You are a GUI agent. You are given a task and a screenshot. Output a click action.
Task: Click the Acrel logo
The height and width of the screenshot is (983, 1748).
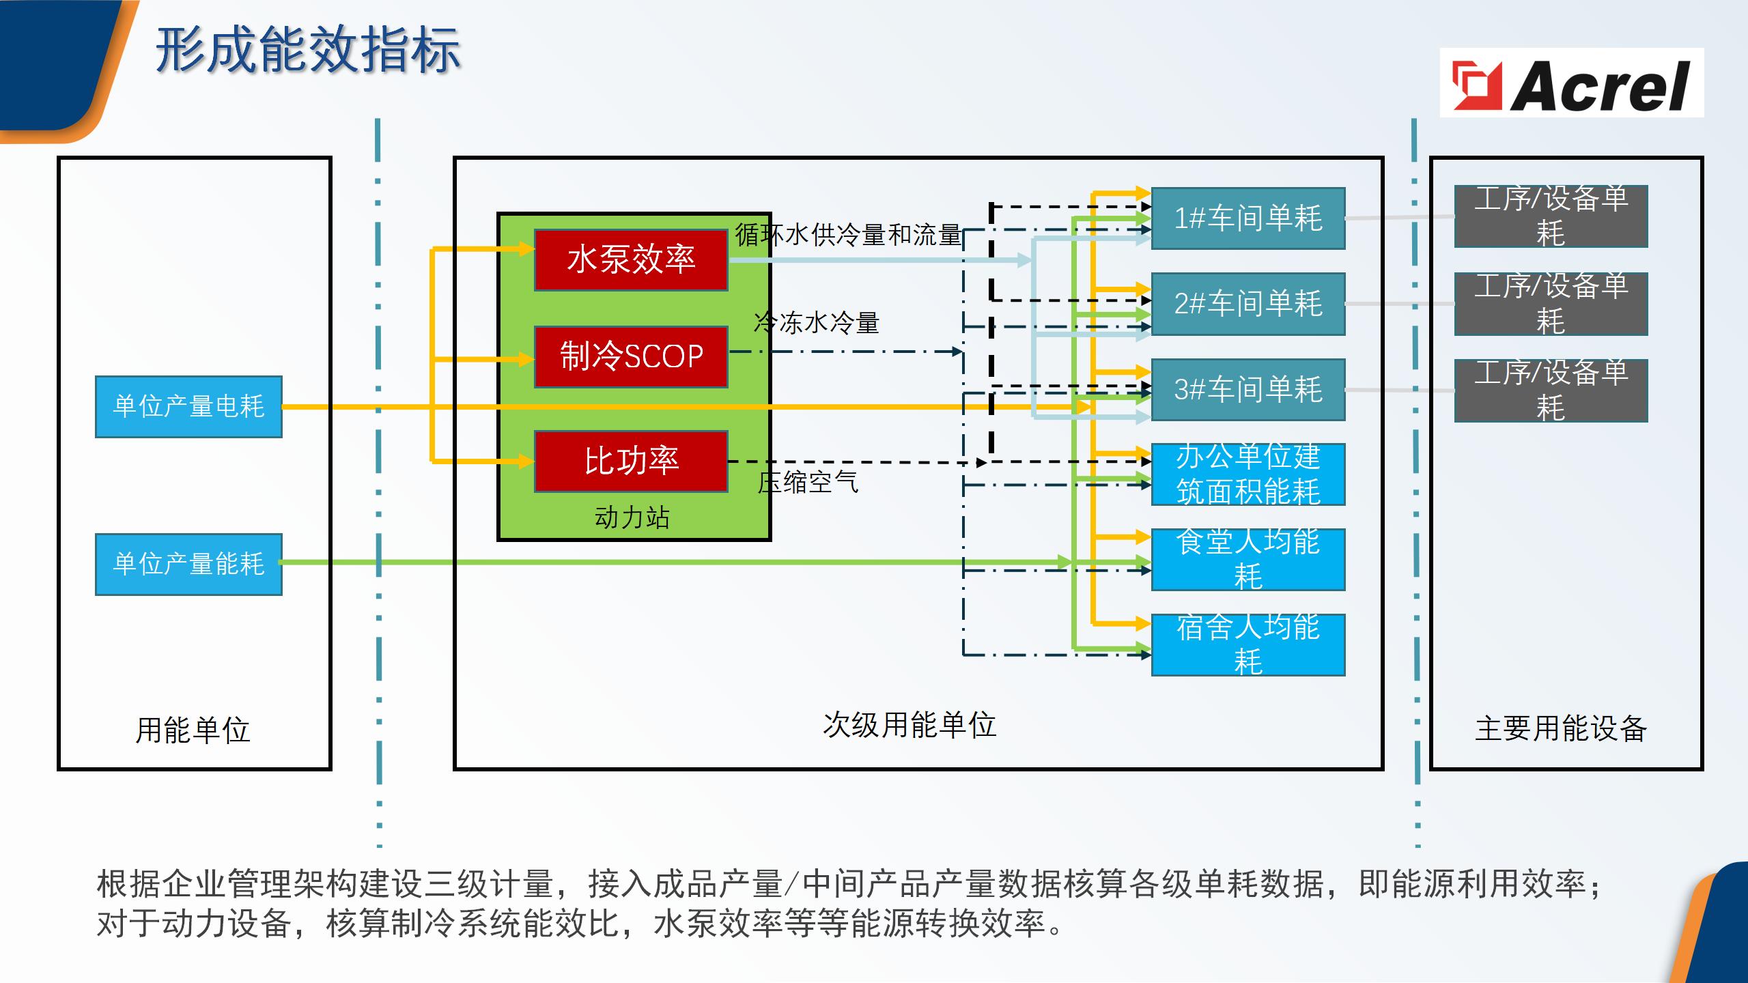point(1571,83)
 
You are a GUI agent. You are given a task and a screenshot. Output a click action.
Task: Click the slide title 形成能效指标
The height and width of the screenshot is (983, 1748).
point(308,51)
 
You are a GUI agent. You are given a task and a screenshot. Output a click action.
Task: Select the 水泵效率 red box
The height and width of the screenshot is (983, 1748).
point(631,260)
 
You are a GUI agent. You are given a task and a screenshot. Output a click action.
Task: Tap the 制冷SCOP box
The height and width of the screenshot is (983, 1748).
point(631,357)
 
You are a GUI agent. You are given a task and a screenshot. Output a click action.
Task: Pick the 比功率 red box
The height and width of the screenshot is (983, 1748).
point(631,461)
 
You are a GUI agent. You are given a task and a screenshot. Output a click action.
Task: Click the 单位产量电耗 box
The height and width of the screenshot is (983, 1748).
point(188,407)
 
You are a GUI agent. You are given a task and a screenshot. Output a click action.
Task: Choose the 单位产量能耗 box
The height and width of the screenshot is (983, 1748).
point(188,564)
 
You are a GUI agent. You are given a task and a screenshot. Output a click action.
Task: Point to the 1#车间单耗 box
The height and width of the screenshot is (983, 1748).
point(1248,218)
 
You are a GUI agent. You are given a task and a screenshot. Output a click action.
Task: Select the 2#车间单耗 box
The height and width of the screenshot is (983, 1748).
point(1248,304)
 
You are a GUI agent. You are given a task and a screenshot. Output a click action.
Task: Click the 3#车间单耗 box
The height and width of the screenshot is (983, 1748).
point(1248,390)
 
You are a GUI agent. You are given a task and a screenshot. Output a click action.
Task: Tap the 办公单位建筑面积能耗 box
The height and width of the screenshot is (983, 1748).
point(1248,474)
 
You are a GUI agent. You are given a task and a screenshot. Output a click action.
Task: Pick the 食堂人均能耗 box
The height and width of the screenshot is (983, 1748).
point(1248,560)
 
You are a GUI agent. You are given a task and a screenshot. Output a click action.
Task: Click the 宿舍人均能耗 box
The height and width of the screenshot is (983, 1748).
point(1248,645)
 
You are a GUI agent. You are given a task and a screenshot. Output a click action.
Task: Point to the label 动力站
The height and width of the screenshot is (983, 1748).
point(632,517)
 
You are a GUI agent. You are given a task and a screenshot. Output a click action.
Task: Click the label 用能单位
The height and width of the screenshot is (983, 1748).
point(193,730)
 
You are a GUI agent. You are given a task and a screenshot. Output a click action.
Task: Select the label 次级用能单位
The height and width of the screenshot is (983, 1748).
point(910,725)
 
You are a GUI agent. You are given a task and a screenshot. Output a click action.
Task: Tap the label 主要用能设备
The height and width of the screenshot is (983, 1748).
point(1561,728)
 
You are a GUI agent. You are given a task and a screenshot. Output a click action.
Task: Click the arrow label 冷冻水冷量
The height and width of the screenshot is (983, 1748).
point(817,323)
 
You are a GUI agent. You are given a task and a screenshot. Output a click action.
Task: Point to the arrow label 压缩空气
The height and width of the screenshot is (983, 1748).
point(808,483)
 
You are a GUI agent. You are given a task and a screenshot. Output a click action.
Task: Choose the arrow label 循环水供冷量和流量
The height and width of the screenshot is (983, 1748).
point(848,235)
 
